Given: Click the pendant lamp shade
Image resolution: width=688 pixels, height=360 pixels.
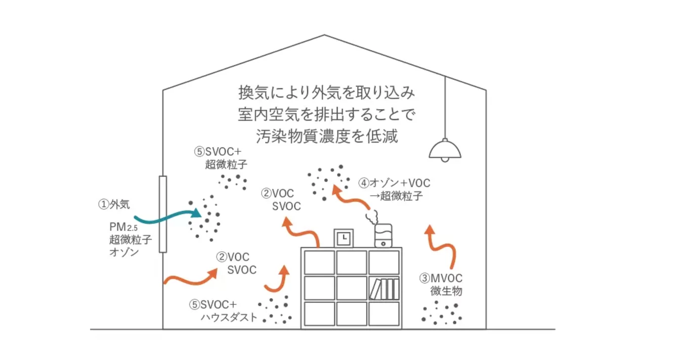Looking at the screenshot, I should tap(445, 149).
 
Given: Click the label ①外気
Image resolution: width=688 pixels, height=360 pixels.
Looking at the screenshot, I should tap(114, 204).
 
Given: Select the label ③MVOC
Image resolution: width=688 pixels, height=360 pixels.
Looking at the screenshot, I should tap(441, 278).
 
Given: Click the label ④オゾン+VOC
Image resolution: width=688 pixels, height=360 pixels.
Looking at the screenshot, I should tap(395, 183).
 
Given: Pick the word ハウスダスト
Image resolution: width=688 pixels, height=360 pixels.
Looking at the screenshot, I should tap(229, 318).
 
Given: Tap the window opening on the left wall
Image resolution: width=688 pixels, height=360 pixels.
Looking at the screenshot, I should tap(162, 214).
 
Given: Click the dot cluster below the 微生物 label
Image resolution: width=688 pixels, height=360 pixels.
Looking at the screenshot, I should tap(442, 312).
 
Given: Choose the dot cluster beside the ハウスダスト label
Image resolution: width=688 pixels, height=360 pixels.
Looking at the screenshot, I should tap(275, 310).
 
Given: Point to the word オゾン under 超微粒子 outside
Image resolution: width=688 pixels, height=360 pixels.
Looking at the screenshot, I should tap(124, 251).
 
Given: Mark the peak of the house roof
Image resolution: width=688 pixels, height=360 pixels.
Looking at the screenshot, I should tap(324, 35).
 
